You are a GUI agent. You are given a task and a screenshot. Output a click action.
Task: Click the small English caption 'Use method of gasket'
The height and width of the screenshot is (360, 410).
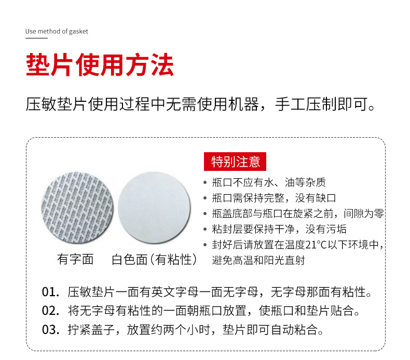pos(57,31)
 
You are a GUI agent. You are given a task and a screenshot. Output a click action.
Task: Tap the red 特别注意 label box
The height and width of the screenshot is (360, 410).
pos(236,162)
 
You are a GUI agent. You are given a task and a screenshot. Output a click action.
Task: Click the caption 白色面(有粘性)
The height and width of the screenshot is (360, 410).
pos(155,259)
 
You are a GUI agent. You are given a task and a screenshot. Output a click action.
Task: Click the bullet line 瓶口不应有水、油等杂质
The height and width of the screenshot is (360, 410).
pos(269,182)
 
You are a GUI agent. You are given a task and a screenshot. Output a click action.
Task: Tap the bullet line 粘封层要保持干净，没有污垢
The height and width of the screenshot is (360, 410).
pos(279,229)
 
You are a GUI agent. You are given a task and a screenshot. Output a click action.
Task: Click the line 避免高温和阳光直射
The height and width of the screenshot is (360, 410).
pos(258,260)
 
